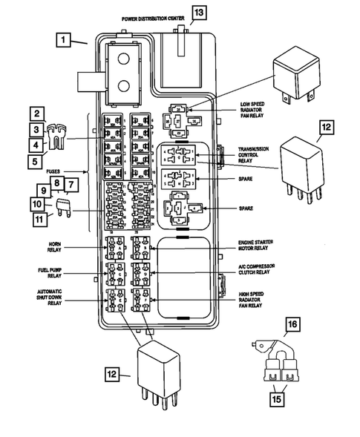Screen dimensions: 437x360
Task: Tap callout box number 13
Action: coord(198,13)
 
